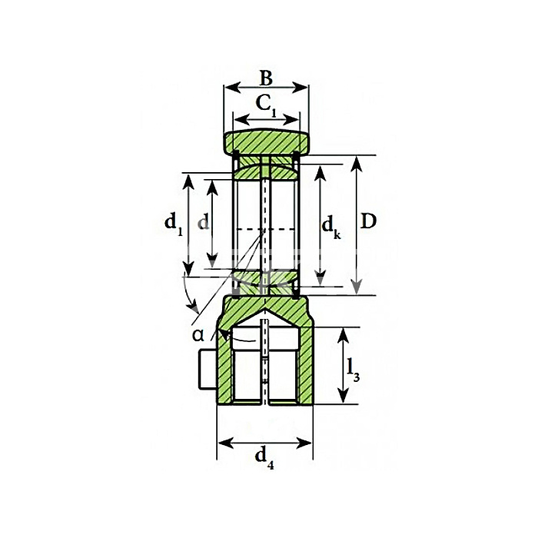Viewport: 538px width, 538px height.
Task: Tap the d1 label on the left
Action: [174, 224]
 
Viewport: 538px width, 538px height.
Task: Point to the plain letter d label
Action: [203, 223]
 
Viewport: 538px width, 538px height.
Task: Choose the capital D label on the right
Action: [369, 221]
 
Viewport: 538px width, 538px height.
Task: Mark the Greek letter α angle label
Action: [198, 334]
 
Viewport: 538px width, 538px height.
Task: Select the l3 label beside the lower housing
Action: [352, 371]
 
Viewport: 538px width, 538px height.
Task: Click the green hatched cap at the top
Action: [266, 142]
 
